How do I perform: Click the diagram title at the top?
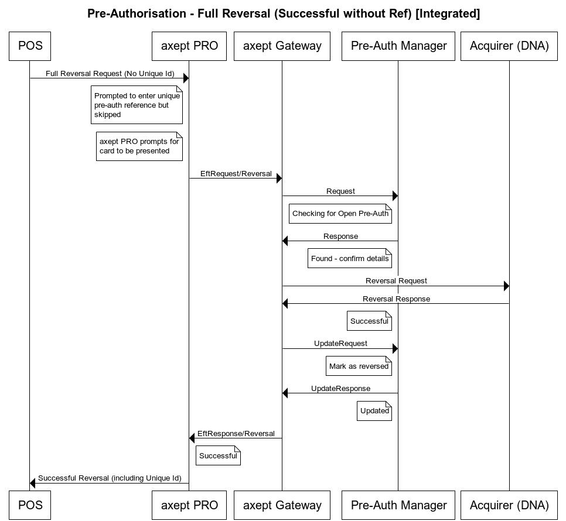point(283,13)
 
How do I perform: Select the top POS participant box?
point(30,46)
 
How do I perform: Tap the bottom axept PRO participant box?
point(189,505)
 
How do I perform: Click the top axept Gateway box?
point(282,46)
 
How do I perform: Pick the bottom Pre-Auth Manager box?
point(398,505)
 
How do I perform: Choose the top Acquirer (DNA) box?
point(509,46)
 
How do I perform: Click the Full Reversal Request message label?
point(109,74)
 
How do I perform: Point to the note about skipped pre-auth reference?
point(137,105)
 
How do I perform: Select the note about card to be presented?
point(139,146)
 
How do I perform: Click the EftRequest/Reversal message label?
point(236,174)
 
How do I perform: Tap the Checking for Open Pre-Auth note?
point(340,214)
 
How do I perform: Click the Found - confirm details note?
point(350,259)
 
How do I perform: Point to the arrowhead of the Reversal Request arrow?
point(506,286)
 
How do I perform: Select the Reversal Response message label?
point(396,299)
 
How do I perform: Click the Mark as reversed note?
point(359,366)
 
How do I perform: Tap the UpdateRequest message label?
point(340,344)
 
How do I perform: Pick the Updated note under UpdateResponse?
point(374,411)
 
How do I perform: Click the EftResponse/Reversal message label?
point(236,434)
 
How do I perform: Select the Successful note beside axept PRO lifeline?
point(218,456)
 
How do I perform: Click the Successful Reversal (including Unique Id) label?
point(109,478)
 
